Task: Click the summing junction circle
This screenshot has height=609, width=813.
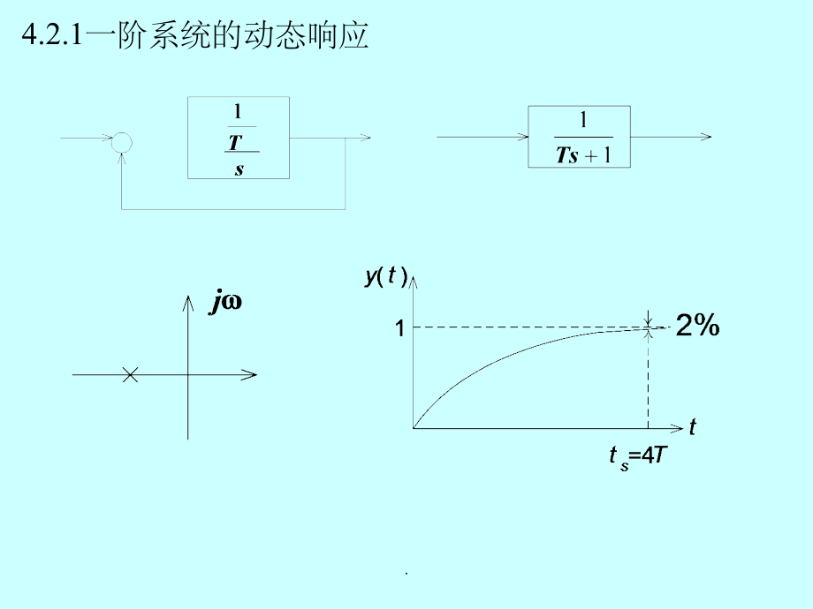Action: pyautogui.click(x=122, y=133)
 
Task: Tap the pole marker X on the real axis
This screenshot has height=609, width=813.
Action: pyautogui.click(x=130, y=374)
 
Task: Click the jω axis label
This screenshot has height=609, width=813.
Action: pyautogui.click(x=225, y=301)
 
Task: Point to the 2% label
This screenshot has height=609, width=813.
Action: pyautogui.click(x=697, y=325)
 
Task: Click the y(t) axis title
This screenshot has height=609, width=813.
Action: pyautogui.click(x=386, y=275)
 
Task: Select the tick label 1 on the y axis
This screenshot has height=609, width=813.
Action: pyautogui.click(x=399, y=327)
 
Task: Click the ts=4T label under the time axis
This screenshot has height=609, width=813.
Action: pyautogui.click(x=637, y=457)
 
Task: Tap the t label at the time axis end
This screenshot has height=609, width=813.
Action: pyautogui.click(x=693, y=426)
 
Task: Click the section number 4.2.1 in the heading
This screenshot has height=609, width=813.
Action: pyautogui.click(x=52, y=35)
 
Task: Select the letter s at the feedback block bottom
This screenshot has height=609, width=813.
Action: pyautogui.click(x=239, y=169)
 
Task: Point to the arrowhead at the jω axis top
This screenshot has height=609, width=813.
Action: pyautogui.click(x=187, y=304)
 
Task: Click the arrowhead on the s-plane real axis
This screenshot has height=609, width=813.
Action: pyautogui.click(x=249, y=374)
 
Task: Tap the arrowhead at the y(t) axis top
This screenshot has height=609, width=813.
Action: pyautogui.click(x=413, y=282)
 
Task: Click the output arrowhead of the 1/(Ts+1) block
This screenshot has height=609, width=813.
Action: pyautogui.click(x=706, y=137)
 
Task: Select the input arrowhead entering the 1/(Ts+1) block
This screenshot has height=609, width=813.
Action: pyautogui.click(x=522, y=137)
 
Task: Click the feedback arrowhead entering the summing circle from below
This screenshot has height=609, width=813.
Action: pyautogui.click(x=121, y=159)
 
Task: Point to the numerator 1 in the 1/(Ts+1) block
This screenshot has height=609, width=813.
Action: pyautogui.click(x=583, y=120)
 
